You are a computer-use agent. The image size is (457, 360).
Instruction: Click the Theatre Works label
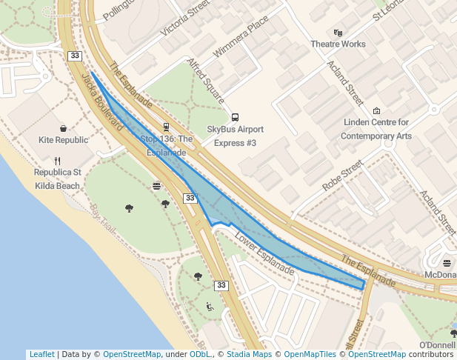click(338, 44)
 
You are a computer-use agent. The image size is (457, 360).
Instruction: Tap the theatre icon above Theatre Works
click(338, 33)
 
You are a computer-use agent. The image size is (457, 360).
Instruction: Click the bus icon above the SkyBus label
click(235, 117)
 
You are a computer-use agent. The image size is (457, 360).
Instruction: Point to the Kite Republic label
click(63, 140)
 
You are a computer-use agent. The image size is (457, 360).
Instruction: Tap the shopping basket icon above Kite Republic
click(63, 128)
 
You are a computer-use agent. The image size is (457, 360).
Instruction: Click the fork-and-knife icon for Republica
click(58, 161)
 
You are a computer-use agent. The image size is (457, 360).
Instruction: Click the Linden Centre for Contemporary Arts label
click(377, 129)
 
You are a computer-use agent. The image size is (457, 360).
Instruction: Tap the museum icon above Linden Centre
click(376, 111)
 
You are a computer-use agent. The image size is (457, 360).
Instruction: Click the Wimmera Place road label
click(239, 42)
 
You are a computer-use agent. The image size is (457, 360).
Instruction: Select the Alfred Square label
click(206, 81)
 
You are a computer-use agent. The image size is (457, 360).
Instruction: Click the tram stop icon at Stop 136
click(166, 127)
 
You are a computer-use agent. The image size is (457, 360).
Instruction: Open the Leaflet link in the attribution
click(41, 354)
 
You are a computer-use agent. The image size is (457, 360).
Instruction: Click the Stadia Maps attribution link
click(249, 354)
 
